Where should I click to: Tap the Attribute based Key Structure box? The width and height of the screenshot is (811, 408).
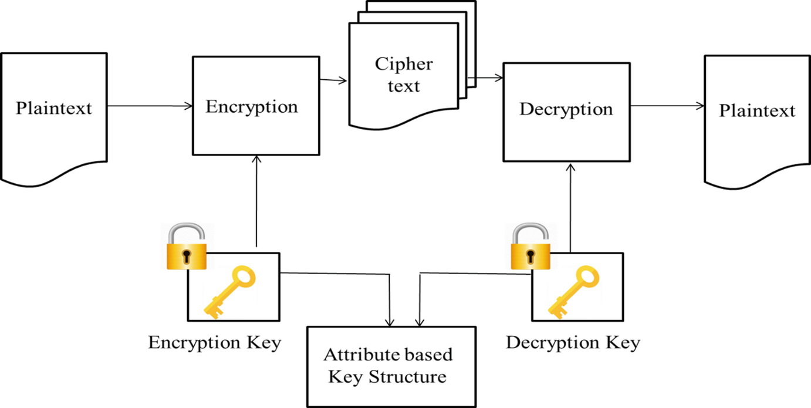point(390,366)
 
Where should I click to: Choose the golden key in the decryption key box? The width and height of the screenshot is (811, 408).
point(574,291)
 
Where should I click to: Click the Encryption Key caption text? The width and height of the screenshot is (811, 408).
point(214,342)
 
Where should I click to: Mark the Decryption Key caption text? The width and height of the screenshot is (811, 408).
point(573,342)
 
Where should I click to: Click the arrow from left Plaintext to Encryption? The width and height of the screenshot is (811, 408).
point(150,106)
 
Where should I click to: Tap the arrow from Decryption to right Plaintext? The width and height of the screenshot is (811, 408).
point(667,106)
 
